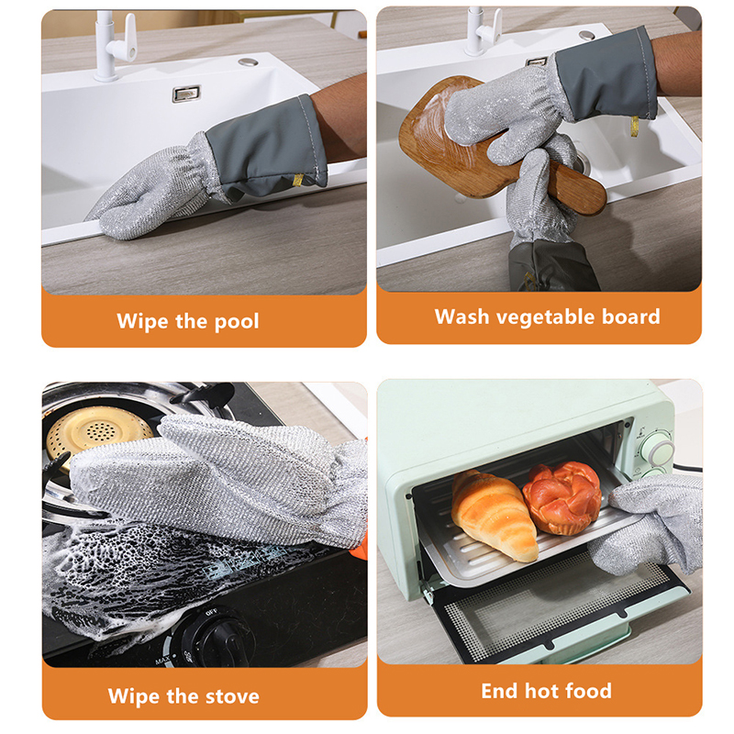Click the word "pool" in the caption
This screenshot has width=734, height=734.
click(237, 322)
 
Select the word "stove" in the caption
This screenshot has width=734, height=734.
click(232, 696)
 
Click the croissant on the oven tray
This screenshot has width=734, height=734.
click(494, 514)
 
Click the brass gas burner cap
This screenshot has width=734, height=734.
click(98, 430)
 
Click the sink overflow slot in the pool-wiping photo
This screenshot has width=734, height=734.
click(186, 94)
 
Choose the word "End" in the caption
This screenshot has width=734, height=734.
click(499, 691)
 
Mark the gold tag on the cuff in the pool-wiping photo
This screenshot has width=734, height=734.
click(297, 180)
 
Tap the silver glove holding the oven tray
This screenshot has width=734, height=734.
click(651, 527)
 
